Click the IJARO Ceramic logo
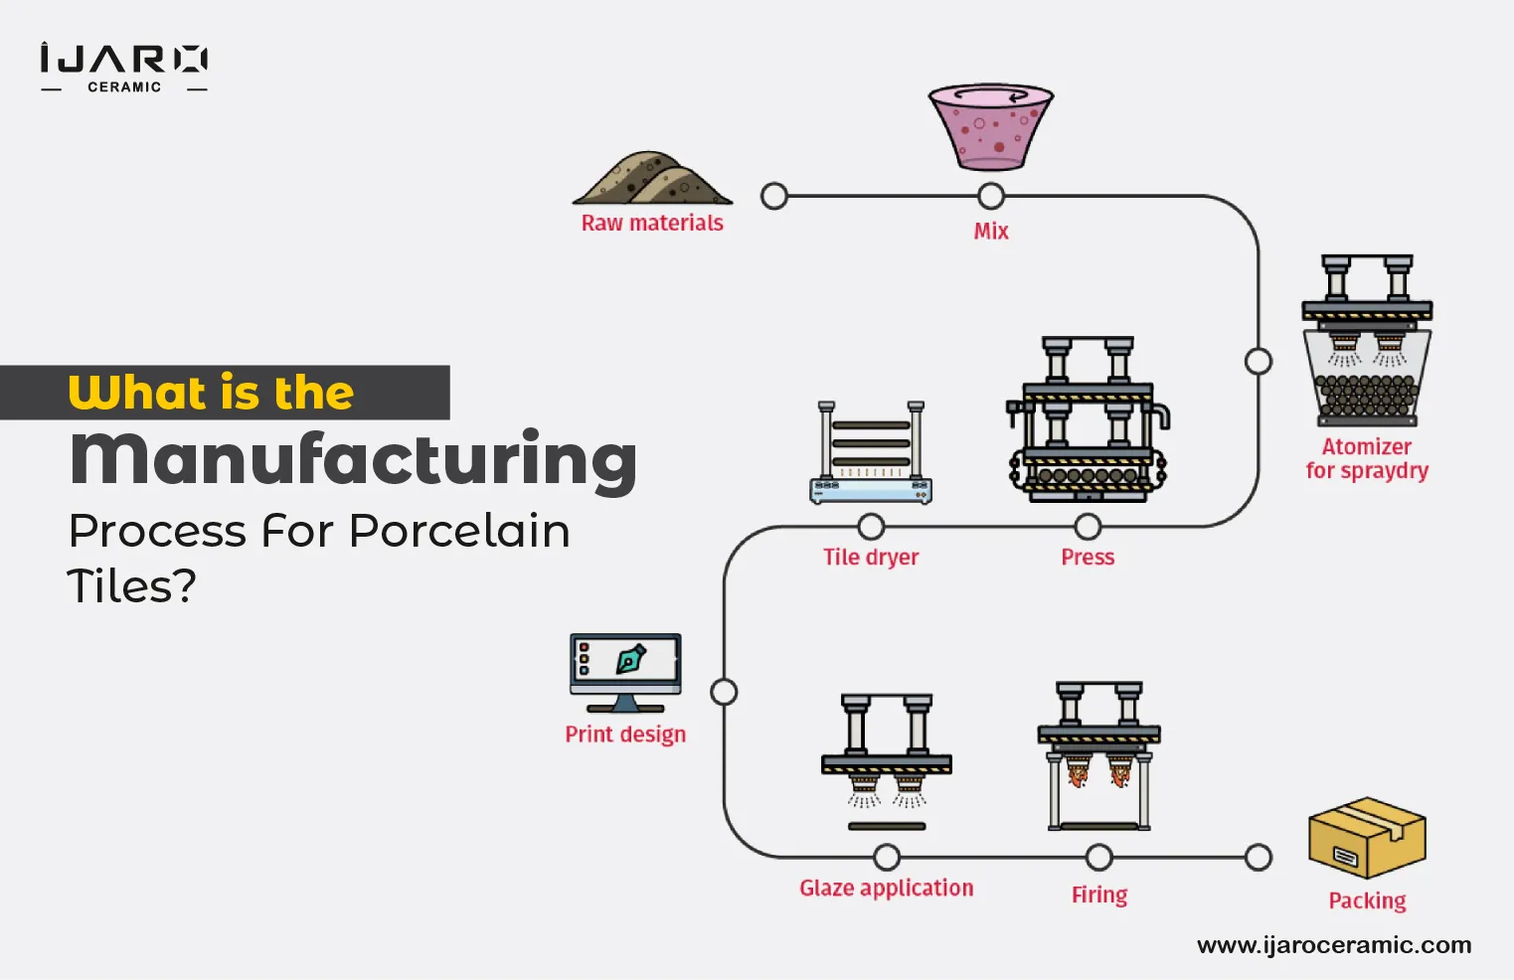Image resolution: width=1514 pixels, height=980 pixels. click(123, 68)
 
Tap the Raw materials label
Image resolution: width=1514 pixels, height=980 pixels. click(652, 223)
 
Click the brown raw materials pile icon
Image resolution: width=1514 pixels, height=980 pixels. click(651, 179)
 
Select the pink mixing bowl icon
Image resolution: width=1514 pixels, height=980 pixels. click(990, 126)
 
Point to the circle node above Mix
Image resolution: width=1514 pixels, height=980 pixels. click(991, 196)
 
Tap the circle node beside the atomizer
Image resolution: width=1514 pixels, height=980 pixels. click(1259, 361)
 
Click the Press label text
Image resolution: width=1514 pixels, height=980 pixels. click(1088, 557)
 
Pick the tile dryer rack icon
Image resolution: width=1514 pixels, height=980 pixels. click(871, 452)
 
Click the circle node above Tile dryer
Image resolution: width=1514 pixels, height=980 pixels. click(871, 526)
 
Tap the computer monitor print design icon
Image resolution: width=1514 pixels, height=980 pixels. click(625, 672)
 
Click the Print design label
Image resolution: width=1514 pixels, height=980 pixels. click(625, 734)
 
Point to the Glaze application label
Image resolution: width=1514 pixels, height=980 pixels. click(887, 888)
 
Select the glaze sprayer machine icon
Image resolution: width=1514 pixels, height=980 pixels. click(887, 761)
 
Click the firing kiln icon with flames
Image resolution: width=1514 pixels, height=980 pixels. click(1098, 755)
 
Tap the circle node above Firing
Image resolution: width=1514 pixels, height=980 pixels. click(1098, 857)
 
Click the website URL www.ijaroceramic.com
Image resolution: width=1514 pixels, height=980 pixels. click(1334, 944)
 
